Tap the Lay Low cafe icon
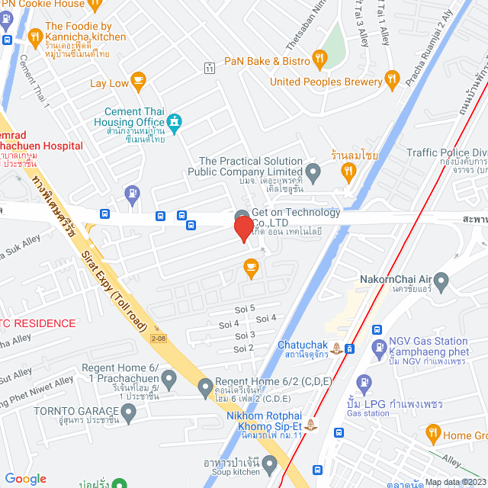pyautogui.click(x=138, y=79)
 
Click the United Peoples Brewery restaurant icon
pyautogui.click(x=392, y=79)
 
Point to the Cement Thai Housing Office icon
pyautogui.click(x=175, y=120)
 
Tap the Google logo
pyautogui.click(x=26, y=478)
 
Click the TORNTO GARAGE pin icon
pyautogui.click(x=129, y=414)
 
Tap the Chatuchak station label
pyautogui.click(x=303, y=345)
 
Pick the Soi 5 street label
pyautogui.click(x=247, y=308)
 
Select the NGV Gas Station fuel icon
pyautogui.click(x=379, y=348)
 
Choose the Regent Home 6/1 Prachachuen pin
pyautogui.click(x=169, y=377)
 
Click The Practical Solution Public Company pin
pyautogui.click(x=313, y=171)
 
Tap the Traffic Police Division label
pyautogui.click(x=446, y=153)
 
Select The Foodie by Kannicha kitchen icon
pyautogui.click(x=35, y=36)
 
